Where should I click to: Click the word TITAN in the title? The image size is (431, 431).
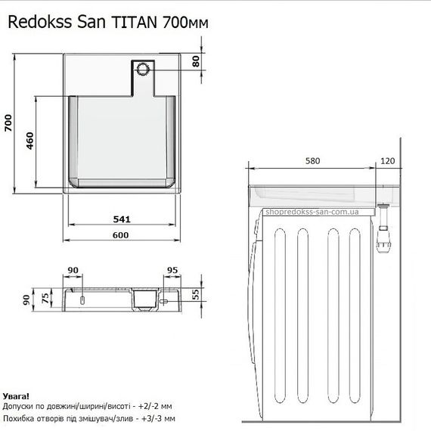point(135,23)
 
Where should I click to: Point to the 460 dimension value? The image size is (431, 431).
point(30,141)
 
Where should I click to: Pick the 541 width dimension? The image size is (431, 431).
point(123,220)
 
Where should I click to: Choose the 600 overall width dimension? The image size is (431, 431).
point(123,235)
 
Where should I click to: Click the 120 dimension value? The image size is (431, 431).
point(388,161)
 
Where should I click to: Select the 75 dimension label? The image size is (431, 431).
point(46,296)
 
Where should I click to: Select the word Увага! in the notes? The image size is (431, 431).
point(17,395)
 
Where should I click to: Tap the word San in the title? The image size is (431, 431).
point(94,23)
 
